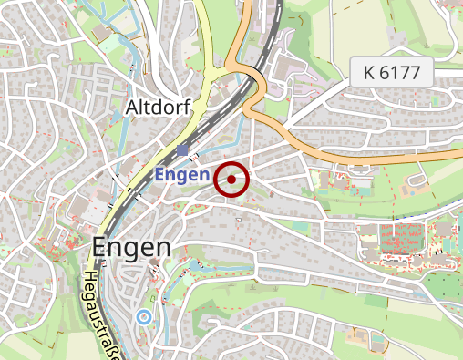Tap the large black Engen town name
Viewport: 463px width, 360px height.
pos(131,248)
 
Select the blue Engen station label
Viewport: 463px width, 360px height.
pos(182,173)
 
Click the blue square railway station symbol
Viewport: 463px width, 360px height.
pos(182,150)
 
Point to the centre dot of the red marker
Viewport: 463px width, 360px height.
pos(231,180)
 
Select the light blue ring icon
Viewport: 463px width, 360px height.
pos(142,317)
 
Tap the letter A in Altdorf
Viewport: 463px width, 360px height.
pos(129,108)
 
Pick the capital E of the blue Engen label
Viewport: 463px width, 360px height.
pos(160,173)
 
